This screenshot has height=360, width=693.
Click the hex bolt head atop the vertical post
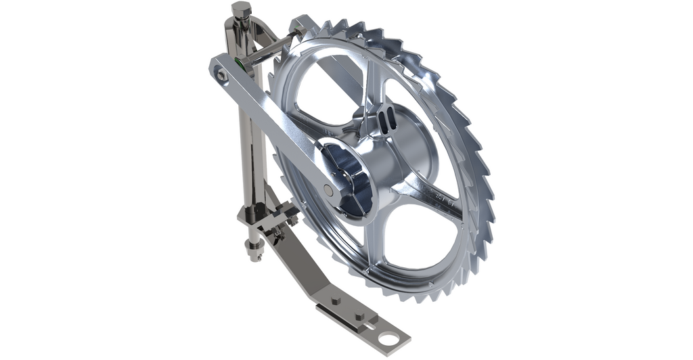[240, 10]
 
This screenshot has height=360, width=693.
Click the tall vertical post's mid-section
[246, 135]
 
